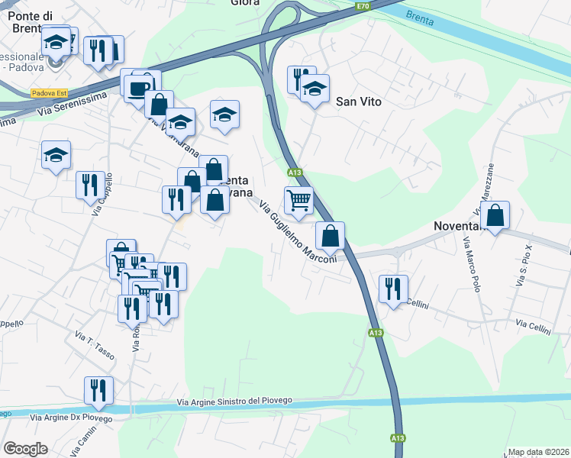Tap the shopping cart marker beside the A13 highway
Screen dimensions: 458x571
[299, 200]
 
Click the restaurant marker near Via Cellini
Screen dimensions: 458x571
[393, 289]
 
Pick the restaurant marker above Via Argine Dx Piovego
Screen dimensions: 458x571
[98, 390]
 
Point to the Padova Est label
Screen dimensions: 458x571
[49, 93]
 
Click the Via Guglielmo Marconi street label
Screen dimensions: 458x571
[298, 232]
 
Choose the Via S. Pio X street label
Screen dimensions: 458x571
[523, 266]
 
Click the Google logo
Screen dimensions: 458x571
[25, 449]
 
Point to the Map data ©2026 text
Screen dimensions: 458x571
[538, 452]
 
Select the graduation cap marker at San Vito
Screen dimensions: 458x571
[315, 89]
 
